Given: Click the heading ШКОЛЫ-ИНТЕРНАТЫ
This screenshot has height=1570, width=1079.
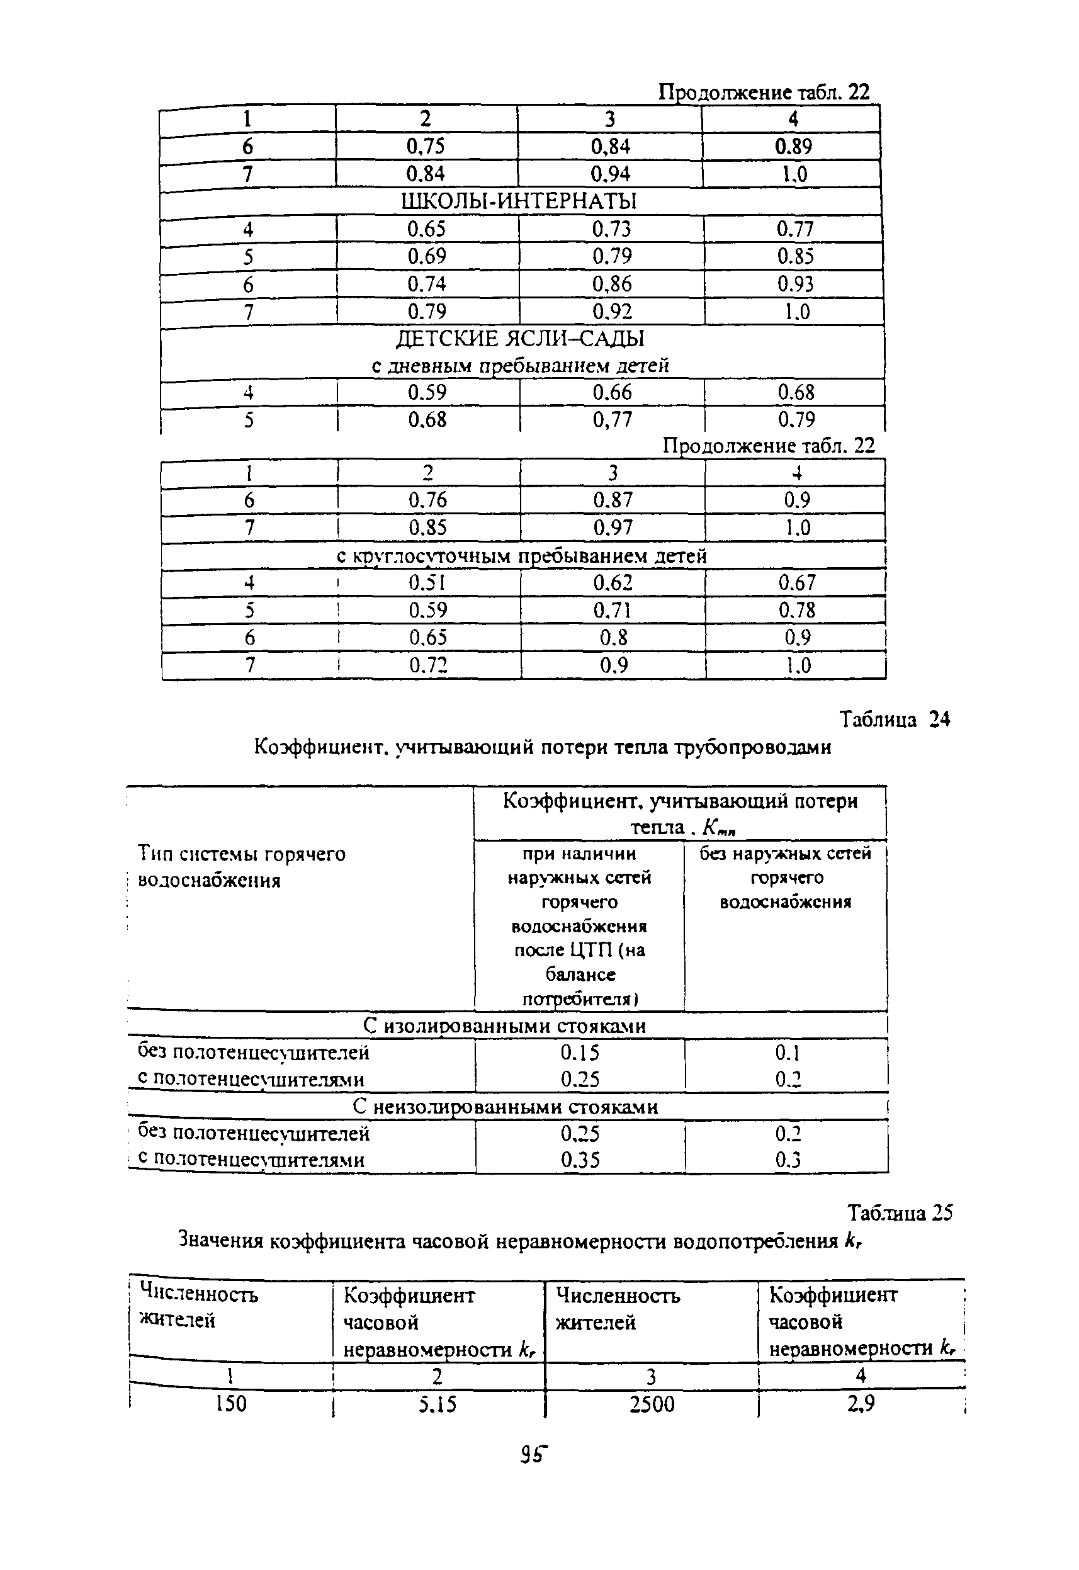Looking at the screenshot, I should (x=519, y=201).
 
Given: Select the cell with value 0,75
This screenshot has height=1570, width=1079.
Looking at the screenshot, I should (x=426, y=147).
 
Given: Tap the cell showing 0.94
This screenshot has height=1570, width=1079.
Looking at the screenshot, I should (x=611, y=174).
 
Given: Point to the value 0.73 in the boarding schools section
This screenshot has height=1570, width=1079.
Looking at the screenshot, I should (x=611, y=229).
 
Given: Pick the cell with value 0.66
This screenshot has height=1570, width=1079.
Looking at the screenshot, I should (x=612, y=393).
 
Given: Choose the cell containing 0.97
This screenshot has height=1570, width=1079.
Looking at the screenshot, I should (x=613, y=528).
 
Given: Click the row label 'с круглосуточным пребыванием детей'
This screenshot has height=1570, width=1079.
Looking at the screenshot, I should (x=521, y=556).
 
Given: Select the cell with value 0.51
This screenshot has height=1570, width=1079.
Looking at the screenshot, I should (x=427, y=582).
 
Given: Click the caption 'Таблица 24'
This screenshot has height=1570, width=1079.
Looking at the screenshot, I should (x=895, y=720).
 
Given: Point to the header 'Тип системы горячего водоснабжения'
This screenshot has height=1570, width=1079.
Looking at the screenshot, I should (x=242, y=867).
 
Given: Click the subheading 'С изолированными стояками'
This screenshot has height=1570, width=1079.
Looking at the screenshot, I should (x=504, y=1026).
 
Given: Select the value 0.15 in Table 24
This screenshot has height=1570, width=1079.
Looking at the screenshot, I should (x=579, y=1053).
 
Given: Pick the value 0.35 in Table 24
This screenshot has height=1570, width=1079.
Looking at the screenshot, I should (x=580, y=1160).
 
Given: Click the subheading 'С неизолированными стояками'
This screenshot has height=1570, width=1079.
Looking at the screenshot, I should (x=505, y=1107).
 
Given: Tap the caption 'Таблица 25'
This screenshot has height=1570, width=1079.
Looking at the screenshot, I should (x=900, y=1214).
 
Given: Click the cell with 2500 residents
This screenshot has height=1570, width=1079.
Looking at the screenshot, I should (x=652, y=1405).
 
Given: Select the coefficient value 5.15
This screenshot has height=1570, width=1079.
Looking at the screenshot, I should (x=437, y=1405).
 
